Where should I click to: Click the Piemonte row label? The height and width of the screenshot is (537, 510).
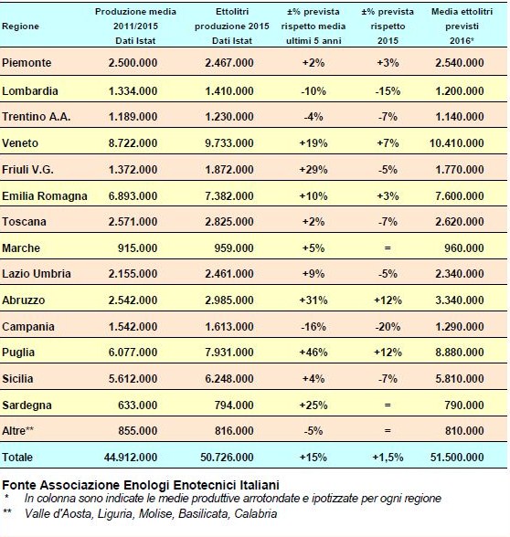click(x=27, y=63)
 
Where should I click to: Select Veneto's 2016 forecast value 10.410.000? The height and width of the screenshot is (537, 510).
click(x=457, y=142)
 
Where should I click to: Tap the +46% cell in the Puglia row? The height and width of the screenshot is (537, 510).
click(x=313, y=353)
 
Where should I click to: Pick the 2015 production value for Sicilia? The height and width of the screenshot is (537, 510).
click(x=229, y=378)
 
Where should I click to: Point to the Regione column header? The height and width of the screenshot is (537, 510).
click(x=20, y=26)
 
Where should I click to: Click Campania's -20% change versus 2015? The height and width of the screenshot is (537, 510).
click(x=388, y=326)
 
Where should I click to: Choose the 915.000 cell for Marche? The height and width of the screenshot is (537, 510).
click(x=137, y=248)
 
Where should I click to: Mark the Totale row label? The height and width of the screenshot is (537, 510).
click(x=17, y=458)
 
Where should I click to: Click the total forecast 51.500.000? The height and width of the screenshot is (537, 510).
click(x=457, y=458)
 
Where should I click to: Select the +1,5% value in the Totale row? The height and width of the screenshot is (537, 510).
click(x=388, y=458)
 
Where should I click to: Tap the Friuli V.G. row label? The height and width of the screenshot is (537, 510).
click(x=27, y=170)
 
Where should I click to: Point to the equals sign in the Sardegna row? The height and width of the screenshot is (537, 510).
click(x=388, y=405)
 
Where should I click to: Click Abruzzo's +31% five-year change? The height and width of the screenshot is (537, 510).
click(x=313, y=300)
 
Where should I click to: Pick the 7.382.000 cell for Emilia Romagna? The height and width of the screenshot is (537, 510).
click(x=229, y=195)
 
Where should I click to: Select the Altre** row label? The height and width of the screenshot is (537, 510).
click(x=18, y=430)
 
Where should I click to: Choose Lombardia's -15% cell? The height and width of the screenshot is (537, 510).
click(x=388, y=90)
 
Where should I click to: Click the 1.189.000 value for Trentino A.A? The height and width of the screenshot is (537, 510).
click(x=133, y=117)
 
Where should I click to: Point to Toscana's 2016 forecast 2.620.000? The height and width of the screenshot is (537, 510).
click(x=460, y=221)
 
